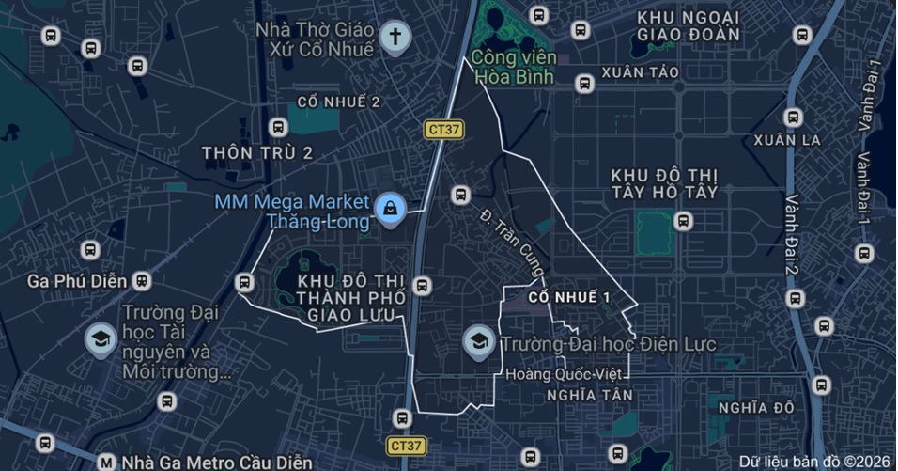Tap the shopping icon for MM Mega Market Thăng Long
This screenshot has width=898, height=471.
(389, 210)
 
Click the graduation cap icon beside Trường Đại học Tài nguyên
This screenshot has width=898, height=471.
(101, 340)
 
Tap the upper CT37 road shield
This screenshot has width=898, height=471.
(442, 131)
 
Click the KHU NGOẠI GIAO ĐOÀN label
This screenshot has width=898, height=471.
(688, 26)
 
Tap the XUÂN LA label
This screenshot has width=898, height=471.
(787, 140)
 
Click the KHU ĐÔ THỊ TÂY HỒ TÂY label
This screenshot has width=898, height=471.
(664, 183)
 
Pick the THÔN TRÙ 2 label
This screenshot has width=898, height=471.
(256, 152)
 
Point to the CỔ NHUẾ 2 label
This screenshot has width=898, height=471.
(338, 102)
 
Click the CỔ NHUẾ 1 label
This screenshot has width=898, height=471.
(569, 297)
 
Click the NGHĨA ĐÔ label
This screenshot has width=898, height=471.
(756, 407)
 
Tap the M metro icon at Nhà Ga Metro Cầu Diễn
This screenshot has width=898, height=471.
(106, 463)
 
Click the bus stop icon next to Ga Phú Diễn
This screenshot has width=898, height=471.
(142, 281)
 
